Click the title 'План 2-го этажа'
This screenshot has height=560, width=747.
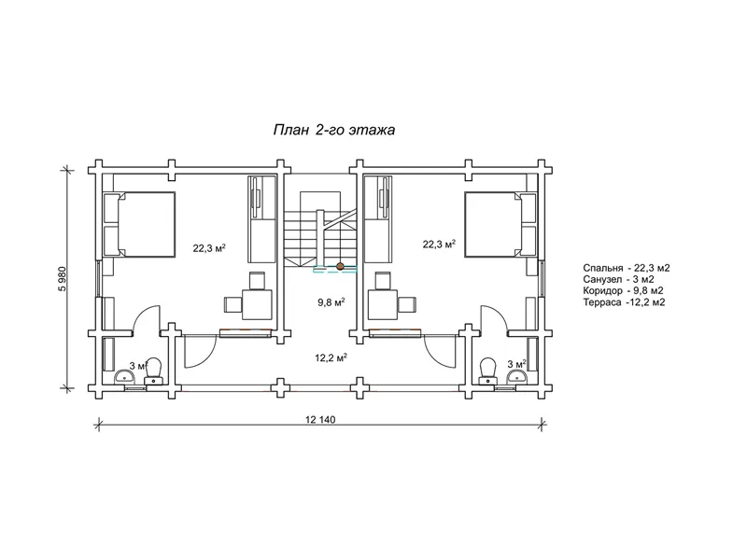334,130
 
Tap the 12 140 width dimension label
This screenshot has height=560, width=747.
320,419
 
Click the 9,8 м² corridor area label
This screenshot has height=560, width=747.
331,301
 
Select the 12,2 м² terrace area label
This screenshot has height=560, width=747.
331,357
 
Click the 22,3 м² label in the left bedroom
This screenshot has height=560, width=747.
209,248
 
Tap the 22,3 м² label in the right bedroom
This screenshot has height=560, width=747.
439,245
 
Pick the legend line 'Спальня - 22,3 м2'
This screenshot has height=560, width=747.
626,268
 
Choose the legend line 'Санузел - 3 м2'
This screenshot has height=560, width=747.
618,279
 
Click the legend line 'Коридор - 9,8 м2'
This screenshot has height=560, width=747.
623,291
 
